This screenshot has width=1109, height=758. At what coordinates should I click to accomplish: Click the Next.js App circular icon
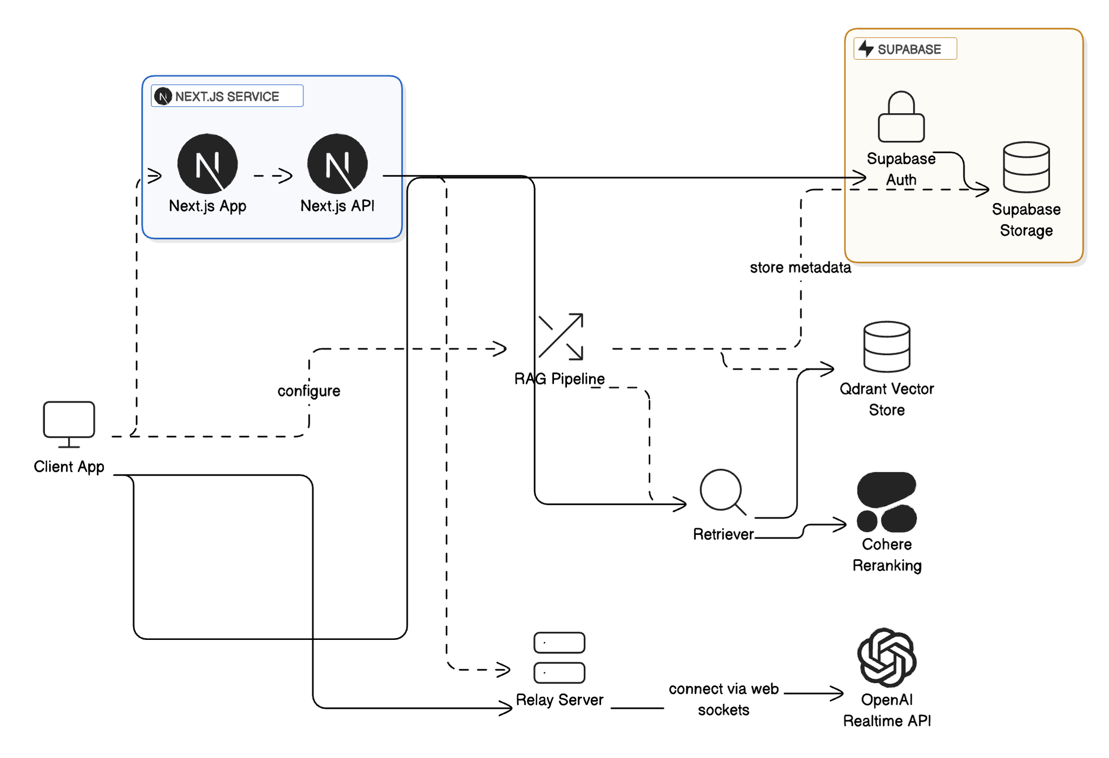[207, 164]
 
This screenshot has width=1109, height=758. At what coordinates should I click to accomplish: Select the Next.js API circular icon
[337, 164]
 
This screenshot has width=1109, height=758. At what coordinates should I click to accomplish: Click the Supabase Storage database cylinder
[1026, 167]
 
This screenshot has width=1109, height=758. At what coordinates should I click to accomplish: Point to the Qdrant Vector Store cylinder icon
[886, 347]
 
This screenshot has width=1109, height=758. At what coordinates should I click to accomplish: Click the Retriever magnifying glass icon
[722, 491]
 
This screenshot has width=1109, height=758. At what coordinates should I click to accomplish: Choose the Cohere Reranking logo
[886, 502]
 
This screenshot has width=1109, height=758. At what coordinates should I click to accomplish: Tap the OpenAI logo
[886, 658]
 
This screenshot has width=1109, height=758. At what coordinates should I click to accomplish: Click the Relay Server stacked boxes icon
[559, 658]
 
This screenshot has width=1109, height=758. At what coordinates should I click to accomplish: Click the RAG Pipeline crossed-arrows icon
[561, 336]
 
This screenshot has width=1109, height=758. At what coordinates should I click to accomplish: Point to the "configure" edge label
[309, 391]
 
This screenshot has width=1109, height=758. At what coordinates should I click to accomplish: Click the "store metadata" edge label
[800, 268]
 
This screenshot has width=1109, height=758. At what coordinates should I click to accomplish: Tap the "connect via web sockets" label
[723, 699]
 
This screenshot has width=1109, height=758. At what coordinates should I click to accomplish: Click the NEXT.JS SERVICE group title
[227, 96]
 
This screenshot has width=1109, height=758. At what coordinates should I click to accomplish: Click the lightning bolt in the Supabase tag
[866, 49]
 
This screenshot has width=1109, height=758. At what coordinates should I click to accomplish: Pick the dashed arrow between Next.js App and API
[273, 176]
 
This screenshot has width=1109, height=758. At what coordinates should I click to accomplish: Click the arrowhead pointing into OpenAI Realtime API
[838, 693]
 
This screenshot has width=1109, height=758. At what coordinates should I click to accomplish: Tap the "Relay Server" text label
[559, 700]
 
